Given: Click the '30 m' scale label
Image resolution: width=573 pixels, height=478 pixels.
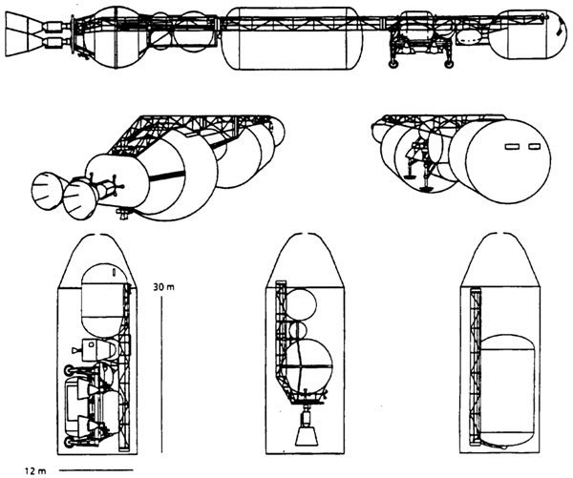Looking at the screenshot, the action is tap(163, 287).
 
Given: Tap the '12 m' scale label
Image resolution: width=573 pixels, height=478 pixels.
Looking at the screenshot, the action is tap(35, 471).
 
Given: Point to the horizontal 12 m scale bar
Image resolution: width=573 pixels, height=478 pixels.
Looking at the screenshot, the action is tap(96, 469).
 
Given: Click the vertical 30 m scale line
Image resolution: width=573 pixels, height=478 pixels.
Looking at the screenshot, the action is tap(161, 375).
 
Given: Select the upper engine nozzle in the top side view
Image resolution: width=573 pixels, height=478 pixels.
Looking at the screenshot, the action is tap(21, 24).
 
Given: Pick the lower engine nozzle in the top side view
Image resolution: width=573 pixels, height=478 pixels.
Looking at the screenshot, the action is tap(21, 45).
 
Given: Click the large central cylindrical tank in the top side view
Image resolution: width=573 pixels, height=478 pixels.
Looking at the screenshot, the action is tap(292, 38).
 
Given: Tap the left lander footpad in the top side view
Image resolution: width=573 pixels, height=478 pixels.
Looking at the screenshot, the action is tap(393, 64).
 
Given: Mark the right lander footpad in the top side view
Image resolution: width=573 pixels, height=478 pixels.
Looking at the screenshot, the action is tap(449, 64).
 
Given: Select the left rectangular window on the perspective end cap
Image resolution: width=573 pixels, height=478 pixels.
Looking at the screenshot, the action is tap(512, 147).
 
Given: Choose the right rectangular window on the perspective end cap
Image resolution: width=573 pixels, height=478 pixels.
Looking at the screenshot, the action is tap(534, 147).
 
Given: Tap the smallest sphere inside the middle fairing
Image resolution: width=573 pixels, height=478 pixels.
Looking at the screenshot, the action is tap(298, 330).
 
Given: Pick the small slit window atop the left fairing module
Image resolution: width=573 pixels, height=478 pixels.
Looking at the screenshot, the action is tap(114, 272).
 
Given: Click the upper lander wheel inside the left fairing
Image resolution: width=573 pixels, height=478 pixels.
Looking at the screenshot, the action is tap(69, 370).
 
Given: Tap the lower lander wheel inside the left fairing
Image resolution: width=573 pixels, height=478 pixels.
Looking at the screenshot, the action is tap(69, 442).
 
